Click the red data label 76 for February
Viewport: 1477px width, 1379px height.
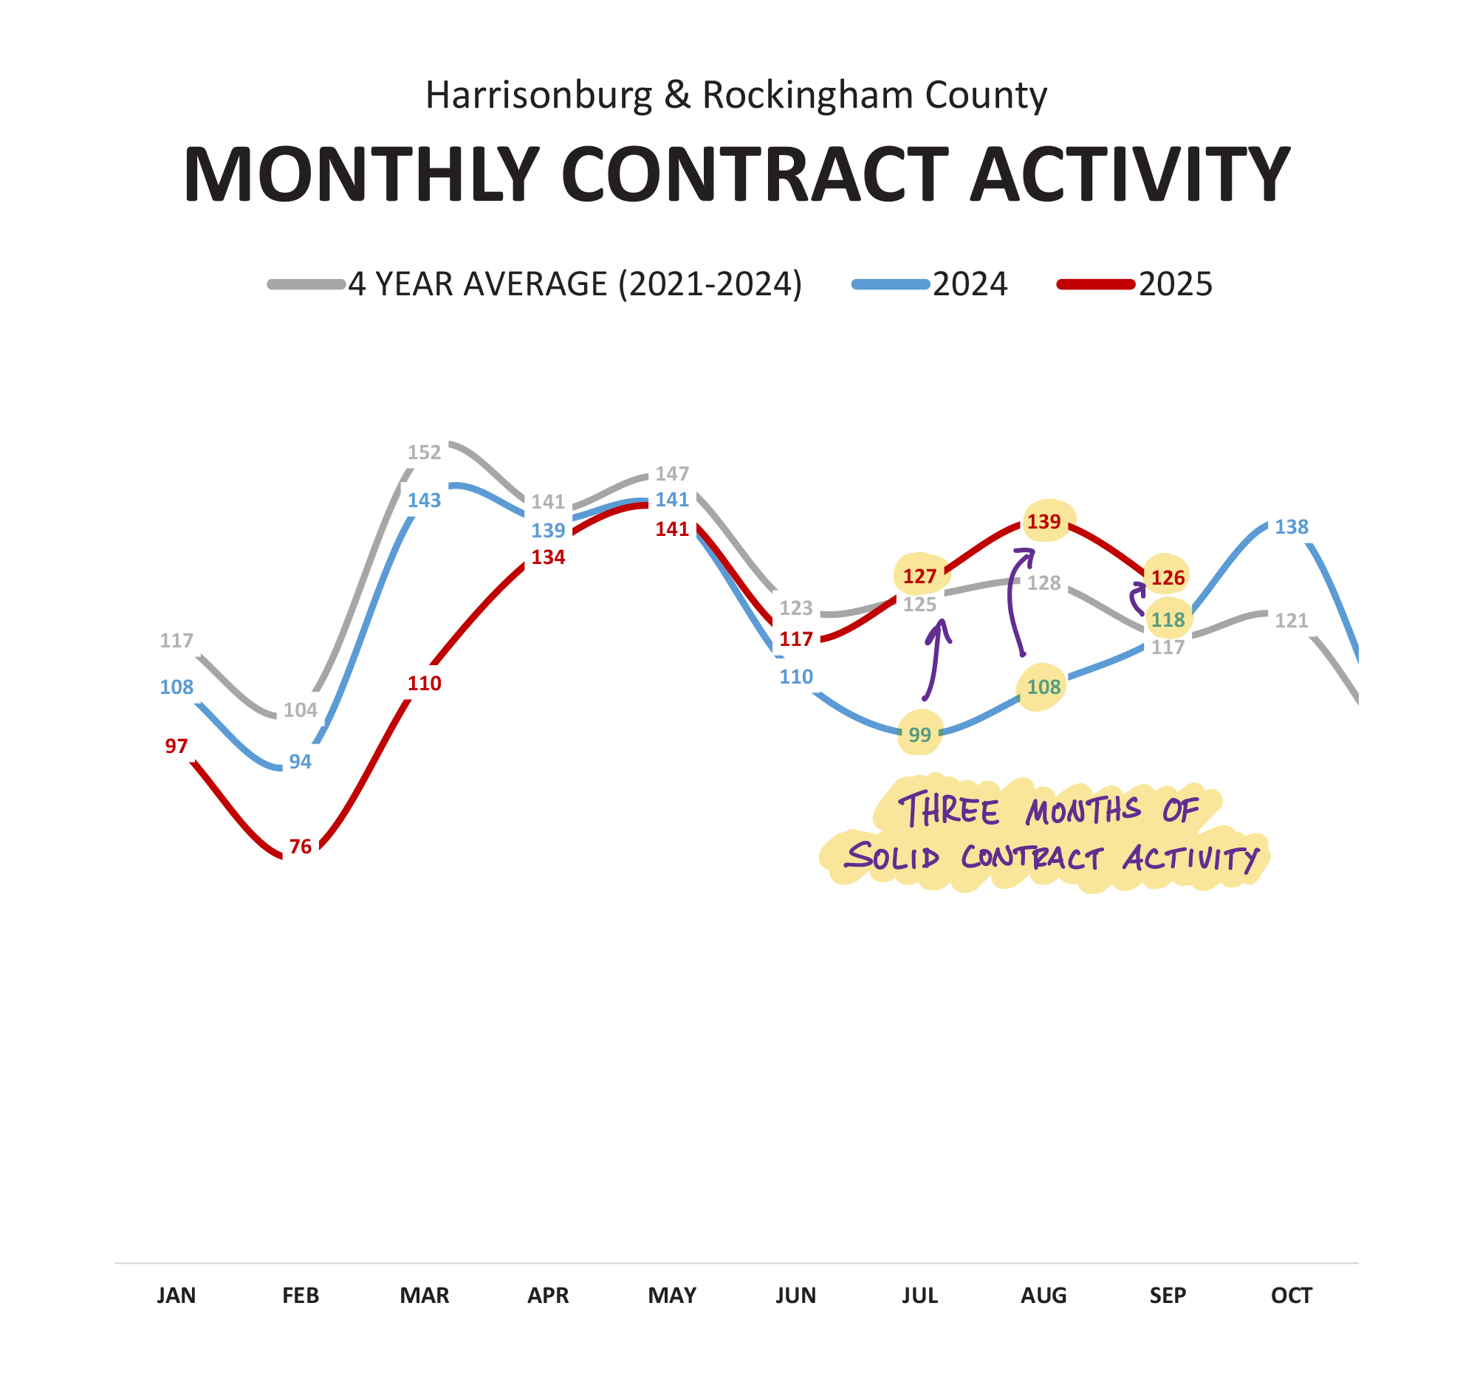click(300, 847)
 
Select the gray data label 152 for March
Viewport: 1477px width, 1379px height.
click(424, 453)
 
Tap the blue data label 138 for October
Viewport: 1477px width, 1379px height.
click(1291, 527)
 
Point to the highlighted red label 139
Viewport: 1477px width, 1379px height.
click(1044, 522)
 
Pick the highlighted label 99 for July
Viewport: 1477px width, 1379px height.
click(919, 735)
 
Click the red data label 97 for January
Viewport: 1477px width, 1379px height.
click(176, 746)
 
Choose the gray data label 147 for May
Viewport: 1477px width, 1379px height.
click(672, 474)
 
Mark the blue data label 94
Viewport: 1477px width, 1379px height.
click(300, 762)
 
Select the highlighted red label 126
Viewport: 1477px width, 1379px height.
click(1168, 578)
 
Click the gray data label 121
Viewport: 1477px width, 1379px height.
click(1291, 620)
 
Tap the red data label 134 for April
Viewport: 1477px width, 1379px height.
click(548, 557)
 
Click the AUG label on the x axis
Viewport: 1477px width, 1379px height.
click(1044, 1296)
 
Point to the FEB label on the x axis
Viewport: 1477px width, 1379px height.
click(300, 1296)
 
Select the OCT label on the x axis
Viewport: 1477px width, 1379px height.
click(1291, 1296)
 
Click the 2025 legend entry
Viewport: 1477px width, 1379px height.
click(1176, 284)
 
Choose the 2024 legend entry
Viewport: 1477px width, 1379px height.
click(970, 284)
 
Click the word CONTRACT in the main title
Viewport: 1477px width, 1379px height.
click(755, 175)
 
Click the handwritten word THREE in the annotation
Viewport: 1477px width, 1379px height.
click(949, 810)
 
